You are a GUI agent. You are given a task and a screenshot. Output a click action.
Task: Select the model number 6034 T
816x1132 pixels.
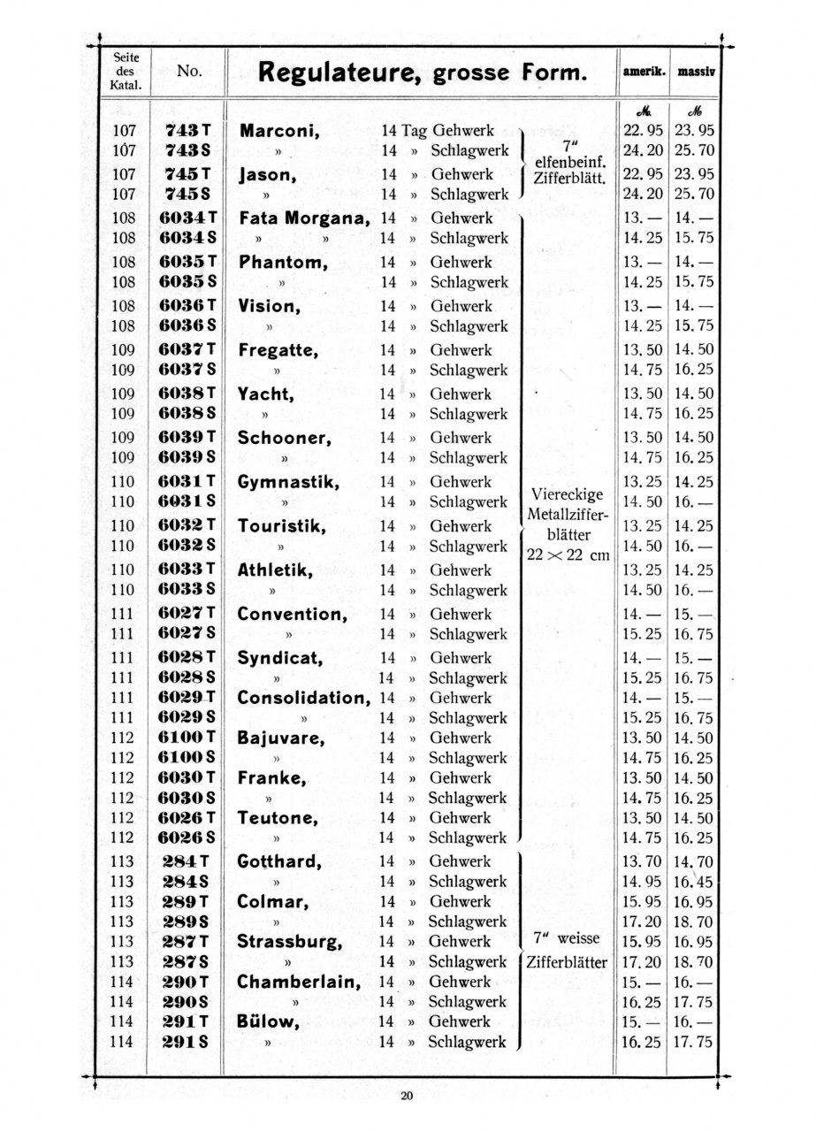(x=187, y=218)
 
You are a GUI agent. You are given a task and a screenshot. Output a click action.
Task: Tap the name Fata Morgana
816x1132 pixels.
(x=303, y=218)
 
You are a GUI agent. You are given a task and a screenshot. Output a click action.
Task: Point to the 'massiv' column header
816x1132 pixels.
(x=696, y=73)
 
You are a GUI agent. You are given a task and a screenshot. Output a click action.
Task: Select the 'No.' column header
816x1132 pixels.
(x=189, y=71)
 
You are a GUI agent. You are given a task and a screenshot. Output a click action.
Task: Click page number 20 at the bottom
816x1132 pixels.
(x=407, y=1097)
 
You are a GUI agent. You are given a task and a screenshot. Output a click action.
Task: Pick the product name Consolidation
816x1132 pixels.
(x=303, y=698)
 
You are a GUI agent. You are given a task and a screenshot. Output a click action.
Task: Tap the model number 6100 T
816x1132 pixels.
(x=187, y=738)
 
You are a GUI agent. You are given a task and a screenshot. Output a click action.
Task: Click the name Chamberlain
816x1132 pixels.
(x=299, y=982)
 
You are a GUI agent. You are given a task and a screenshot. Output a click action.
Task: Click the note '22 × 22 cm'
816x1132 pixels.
(x=568, y=555)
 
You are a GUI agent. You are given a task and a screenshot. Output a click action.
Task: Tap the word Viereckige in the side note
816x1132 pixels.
(x=568, y=494)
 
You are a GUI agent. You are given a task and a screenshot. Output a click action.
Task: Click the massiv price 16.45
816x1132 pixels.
(x=694, y=882)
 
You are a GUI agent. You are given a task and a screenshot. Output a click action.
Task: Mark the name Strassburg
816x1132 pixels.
(x=289, y=942)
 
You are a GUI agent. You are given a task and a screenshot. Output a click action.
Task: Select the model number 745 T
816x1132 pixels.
(x=187, y=174)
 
